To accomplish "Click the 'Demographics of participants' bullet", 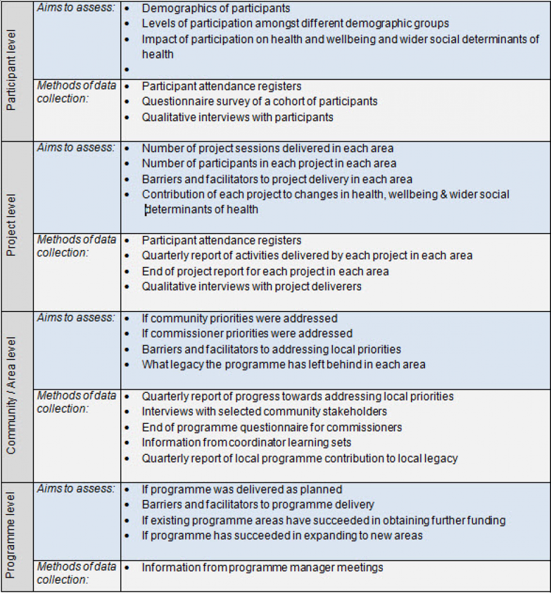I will point(216,9).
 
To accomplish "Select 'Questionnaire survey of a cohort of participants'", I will point(260,101).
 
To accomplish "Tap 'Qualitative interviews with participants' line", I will point(237,117).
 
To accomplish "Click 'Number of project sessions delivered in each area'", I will point(267,148).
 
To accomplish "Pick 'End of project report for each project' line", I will point(265,271).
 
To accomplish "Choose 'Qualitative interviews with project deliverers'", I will point(251,286).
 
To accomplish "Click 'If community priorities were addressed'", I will point(239,318).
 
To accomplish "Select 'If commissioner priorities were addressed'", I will point(247,334).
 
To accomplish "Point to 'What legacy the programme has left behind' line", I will point(283,364).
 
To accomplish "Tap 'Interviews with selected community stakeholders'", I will point(264,412).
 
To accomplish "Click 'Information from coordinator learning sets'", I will point(246,443).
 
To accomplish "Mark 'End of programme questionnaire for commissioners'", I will point(271,427).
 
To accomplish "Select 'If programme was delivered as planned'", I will point(242,489).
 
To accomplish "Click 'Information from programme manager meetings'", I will point(262,567).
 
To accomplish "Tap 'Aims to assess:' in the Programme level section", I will point(76,488).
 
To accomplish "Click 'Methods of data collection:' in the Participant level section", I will point(76,92).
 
